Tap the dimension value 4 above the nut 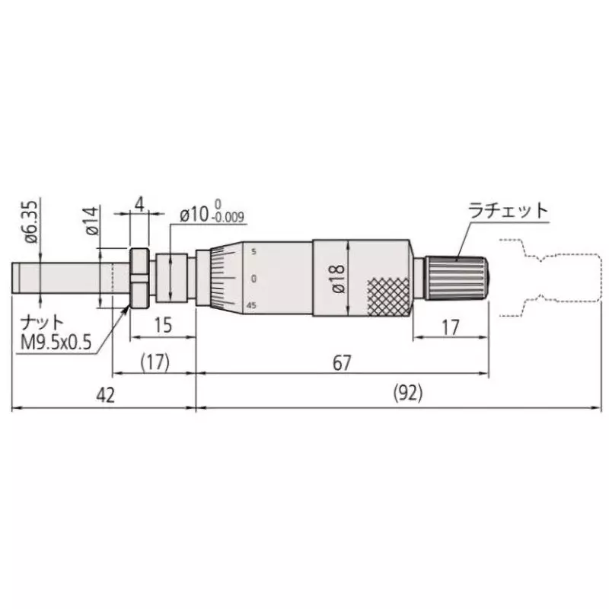(x=139, y=204)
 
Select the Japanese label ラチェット (x=508, y=211)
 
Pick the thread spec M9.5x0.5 (x=56, y=342)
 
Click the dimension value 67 (x=342, y=363)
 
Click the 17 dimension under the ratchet (x=450, y=327)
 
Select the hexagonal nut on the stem (x=139, y=279)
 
